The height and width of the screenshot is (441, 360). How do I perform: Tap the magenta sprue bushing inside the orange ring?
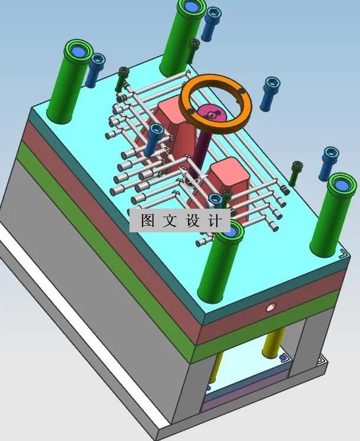click(x=209, y=112)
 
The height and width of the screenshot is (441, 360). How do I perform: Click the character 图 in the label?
click(x=147, y=220)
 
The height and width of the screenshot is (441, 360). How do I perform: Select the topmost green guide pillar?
click(x=183, y=35)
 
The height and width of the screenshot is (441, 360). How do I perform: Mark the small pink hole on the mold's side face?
click(x=271, y=307)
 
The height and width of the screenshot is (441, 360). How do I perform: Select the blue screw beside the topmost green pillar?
click(x=210, y=24)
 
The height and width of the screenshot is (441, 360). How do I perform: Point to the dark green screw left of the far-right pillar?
click(x=296, y=173)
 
